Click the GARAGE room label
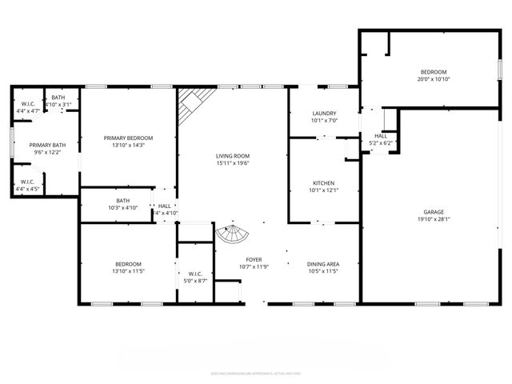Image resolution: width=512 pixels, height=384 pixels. (434, 212)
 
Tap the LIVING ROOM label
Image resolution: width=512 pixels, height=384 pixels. (232, 155)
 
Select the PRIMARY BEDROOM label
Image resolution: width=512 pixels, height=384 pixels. (128, 138)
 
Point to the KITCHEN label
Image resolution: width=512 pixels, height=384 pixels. (324, 183)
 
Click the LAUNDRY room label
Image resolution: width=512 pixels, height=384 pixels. (324, 113)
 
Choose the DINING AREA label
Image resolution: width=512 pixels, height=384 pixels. (323, 263)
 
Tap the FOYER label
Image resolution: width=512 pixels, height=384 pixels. (254, 259)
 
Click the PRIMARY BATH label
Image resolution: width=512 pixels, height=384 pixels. (46, 145)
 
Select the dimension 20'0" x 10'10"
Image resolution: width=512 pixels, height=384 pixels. (433, 78)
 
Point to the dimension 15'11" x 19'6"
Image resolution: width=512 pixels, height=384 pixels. (232, 162)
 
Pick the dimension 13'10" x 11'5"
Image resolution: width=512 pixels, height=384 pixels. (128, 271)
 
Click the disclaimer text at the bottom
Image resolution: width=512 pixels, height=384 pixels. (256, 372)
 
